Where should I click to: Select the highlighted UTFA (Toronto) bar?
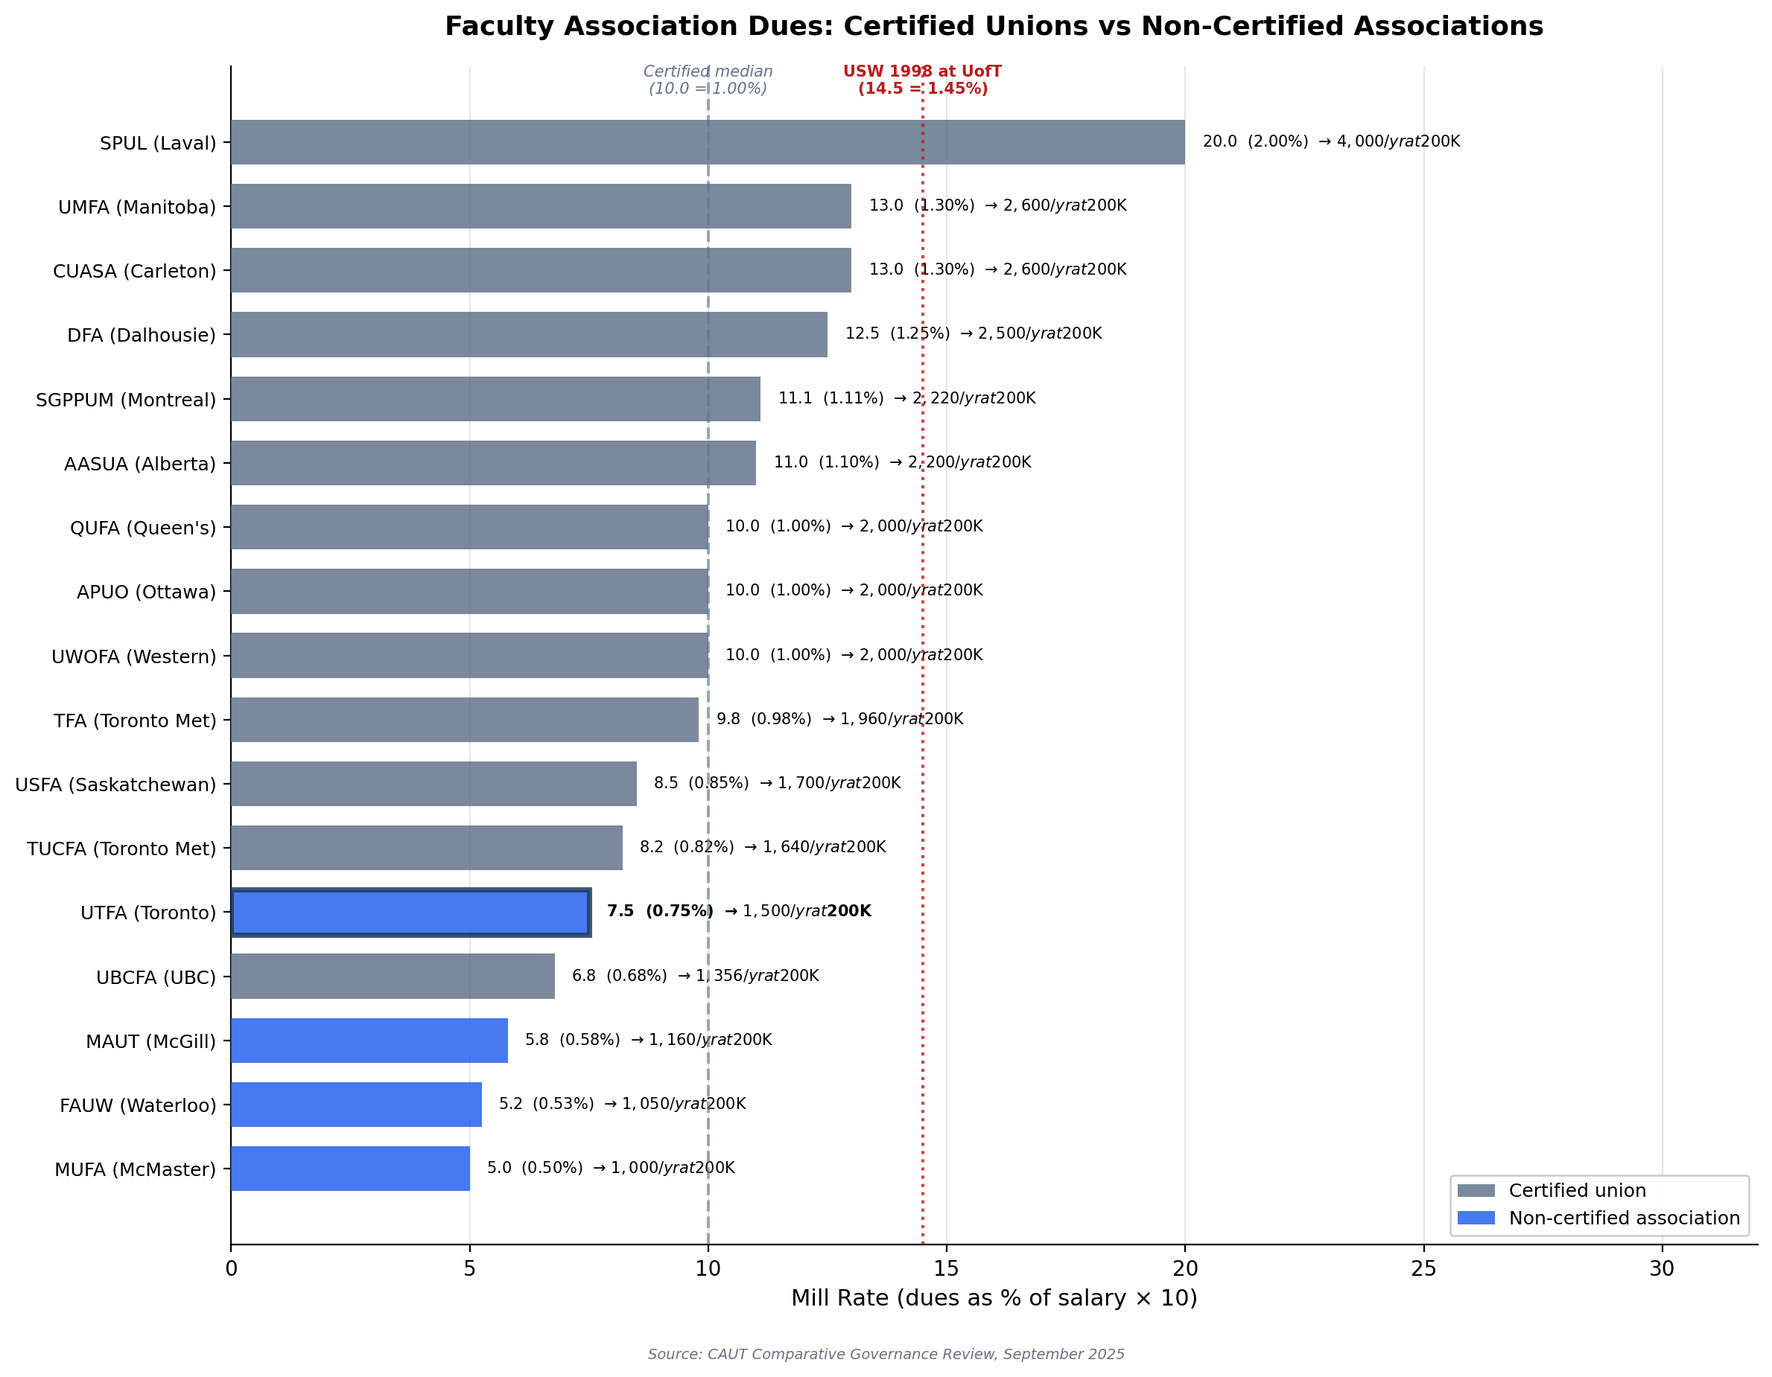(x=410, y=913)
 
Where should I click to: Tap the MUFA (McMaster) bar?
(x=349, y=1169)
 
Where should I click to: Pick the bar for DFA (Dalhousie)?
(x=528, y=334)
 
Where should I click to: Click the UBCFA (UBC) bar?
(x=392, y=977)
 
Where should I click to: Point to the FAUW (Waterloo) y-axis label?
(x=138, y=1105)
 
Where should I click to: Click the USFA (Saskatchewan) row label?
(x=115, y=785)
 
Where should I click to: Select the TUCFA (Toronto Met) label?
(x=121, y=849)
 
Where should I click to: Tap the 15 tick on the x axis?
(x=946, y=1268)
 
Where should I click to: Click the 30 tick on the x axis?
(x=1661, y=1268)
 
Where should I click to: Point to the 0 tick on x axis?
(x=231, y=1268)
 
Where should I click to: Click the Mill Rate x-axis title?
(x=993, y=1298)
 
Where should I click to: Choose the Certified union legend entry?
(x=1576, y=1190)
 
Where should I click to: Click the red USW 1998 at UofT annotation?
(x=923, y=80)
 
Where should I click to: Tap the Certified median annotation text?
(x=708, y=80)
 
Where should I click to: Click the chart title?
(x=993, y=26)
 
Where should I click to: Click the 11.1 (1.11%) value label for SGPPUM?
(x=830, y=398)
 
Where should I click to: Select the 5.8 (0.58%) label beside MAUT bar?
(x=572, y=1040)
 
